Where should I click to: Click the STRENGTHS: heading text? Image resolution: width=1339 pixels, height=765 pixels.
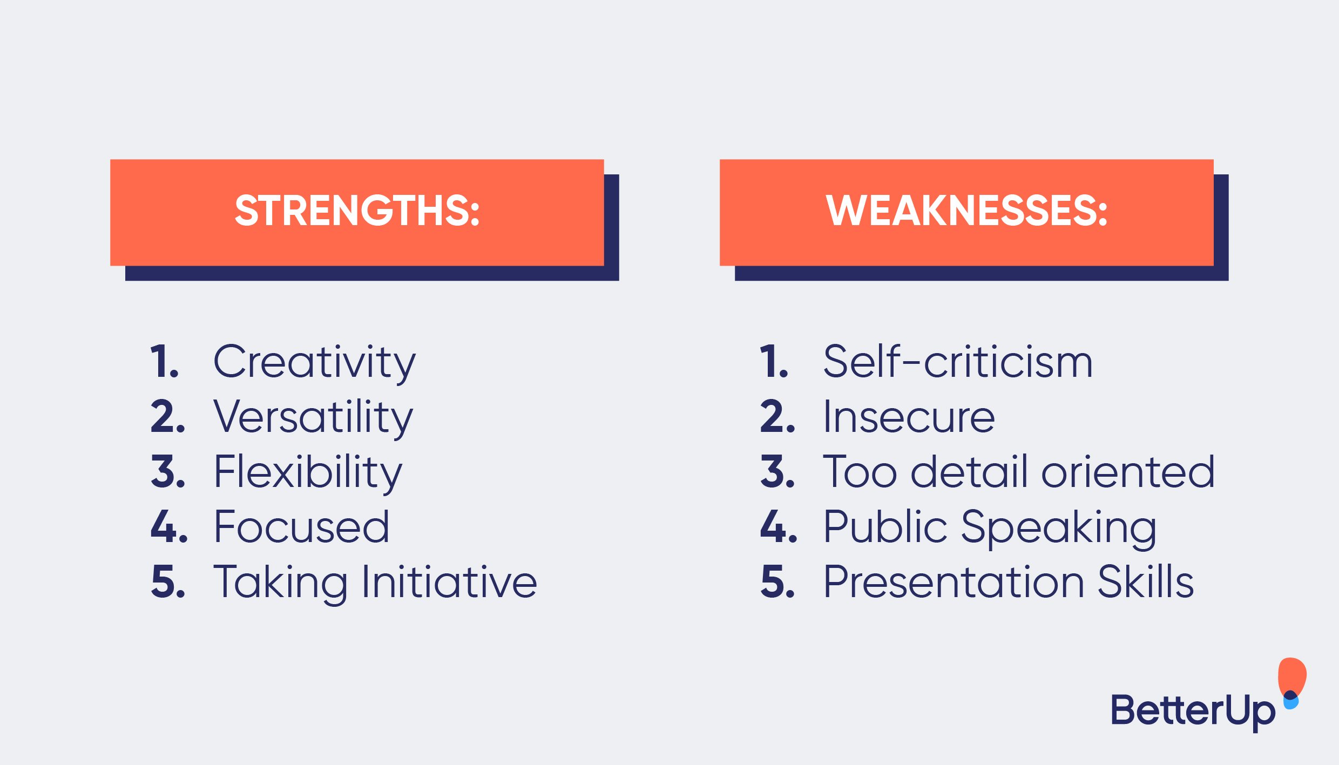(x=357, y=211)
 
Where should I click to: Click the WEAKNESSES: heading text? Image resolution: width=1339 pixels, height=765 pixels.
(x=966, y=211)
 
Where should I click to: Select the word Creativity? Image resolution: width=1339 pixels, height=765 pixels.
(x=314, y=362)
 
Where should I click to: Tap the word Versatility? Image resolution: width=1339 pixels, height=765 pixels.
(x=313, y=417)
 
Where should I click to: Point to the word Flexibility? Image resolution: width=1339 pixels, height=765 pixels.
(x=308, y=472)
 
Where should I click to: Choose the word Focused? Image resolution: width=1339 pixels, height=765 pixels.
(x=301, y=527)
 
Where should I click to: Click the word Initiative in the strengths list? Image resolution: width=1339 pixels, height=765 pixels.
(x=449, y=583)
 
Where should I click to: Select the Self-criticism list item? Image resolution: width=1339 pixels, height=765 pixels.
(x=958, y=362)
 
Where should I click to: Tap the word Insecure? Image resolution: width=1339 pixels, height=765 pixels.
(x=909, y=417)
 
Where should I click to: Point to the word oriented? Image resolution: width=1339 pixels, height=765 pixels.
(x=1128, y=472)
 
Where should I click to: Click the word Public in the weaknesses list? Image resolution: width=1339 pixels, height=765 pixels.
(x=885, y=527)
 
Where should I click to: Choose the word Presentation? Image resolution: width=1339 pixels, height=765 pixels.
(x=953, y=583)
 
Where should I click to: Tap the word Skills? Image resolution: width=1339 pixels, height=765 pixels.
(x=1145, y=583)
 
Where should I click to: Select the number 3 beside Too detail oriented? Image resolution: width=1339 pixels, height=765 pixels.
(x=776, y=472)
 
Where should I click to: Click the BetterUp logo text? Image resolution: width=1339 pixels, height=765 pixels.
(x=1193, y=711)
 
